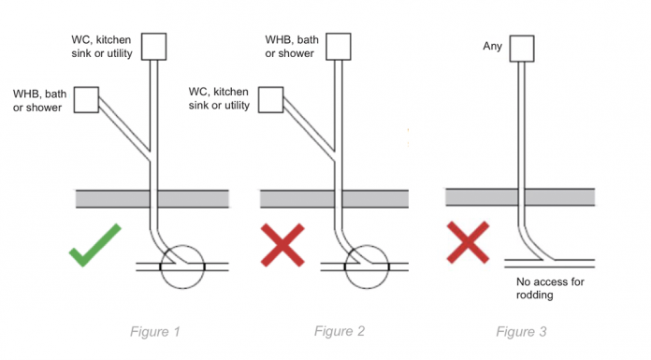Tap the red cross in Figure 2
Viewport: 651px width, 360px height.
(x=282, y=245)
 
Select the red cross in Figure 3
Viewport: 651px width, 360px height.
(x=468, y=242)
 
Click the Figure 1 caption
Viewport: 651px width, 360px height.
(x=155, y=332)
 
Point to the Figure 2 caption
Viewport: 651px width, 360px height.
(x=340, y=331)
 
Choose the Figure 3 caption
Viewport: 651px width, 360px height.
(x=521, y=332)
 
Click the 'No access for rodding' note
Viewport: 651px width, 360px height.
(x=550, y=288)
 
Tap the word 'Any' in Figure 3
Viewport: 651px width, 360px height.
(x=492, y=46)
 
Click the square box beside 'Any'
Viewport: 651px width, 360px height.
(x=522, y=49)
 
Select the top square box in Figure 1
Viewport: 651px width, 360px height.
(x=153, y=47)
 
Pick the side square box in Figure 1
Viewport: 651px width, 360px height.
(x=86, y=100)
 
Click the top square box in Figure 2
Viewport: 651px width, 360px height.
(x=339, y=47)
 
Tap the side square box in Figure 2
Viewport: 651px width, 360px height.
(x=270, y=100)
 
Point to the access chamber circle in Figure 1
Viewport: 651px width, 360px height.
(x=182, y=245)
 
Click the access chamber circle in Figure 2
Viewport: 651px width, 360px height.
(x=367, y=245)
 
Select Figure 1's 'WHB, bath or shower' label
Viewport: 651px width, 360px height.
(x=39, y=100)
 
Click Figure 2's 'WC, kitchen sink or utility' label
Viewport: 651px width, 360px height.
(x=219, y=98)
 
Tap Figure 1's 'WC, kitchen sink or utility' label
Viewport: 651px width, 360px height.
(x=102, y=47)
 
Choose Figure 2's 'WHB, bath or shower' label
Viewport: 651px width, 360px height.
(x=292, y=47)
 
